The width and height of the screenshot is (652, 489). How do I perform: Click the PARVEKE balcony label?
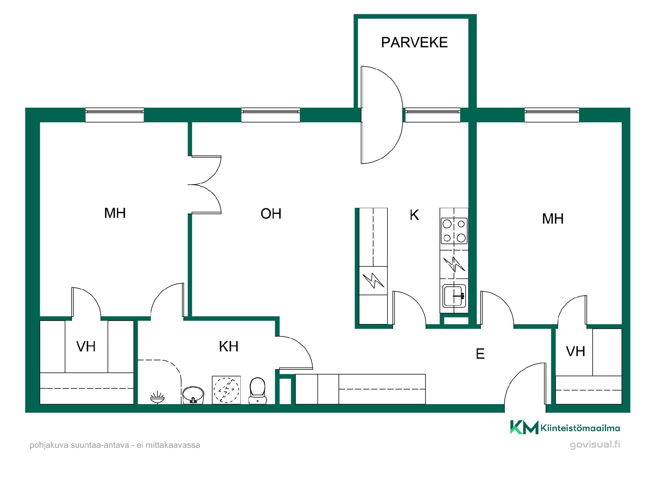(414, 42)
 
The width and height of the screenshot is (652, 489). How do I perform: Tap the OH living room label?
(271, 214)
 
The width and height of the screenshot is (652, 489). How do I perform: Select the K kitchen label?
(414, 215)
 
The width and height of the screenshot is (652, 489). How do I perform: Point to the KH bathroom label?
(229, 346)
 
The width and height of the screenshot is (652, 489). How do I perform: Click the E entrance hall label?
(480, 354)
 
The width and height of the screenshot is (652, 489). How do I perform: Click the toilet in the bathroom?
(257, 391)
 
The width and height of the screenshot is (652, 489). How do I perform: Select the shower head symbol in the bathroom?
(157, 397)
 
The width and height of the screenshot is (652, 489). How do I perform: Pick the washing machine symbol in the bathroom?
(226, 390)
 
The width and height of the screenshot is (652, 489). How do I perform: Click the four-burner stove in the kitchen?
(454, 231)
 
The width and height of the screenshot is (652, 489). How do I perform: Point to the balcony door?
(382, 115)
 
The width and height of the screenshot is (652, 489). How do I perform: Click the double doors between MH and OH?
(205, 185)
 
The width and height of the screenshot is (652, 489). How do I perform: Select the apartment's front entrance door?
(525, 383)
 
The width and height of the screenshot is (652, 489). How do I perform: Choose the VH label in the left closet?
(86, 346)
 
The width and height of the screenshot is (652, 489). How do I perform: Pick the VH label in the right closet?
(576, 351)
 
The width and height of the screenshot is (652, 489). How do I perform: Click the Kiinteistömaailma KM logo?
(565, 427)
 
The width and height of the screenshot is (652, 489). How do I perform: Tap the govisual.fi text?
(595, 444)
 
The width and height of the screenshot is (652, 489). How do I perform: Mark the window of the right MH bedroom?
(552, 115)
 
